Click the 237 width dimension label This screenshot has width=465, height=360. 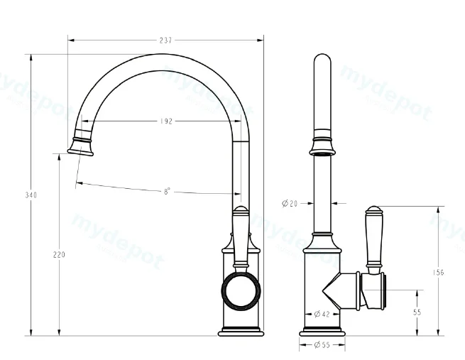165,40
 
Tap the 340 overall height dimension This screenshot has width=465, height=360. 31,195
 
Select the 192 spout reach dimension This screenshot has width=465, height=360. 166,121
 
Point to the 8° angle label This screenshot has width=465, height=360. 168,191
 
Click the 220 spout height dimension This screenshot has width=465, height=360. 59,254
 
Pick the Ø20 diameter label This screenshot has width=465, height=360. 290,203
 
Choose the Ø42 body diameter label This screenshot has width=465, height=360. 322,314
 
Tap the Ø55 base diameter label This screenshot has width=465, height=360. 322,345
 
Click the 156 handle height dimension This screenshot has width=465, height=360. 438,272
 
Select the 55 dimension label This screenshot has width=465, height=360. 417,312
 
